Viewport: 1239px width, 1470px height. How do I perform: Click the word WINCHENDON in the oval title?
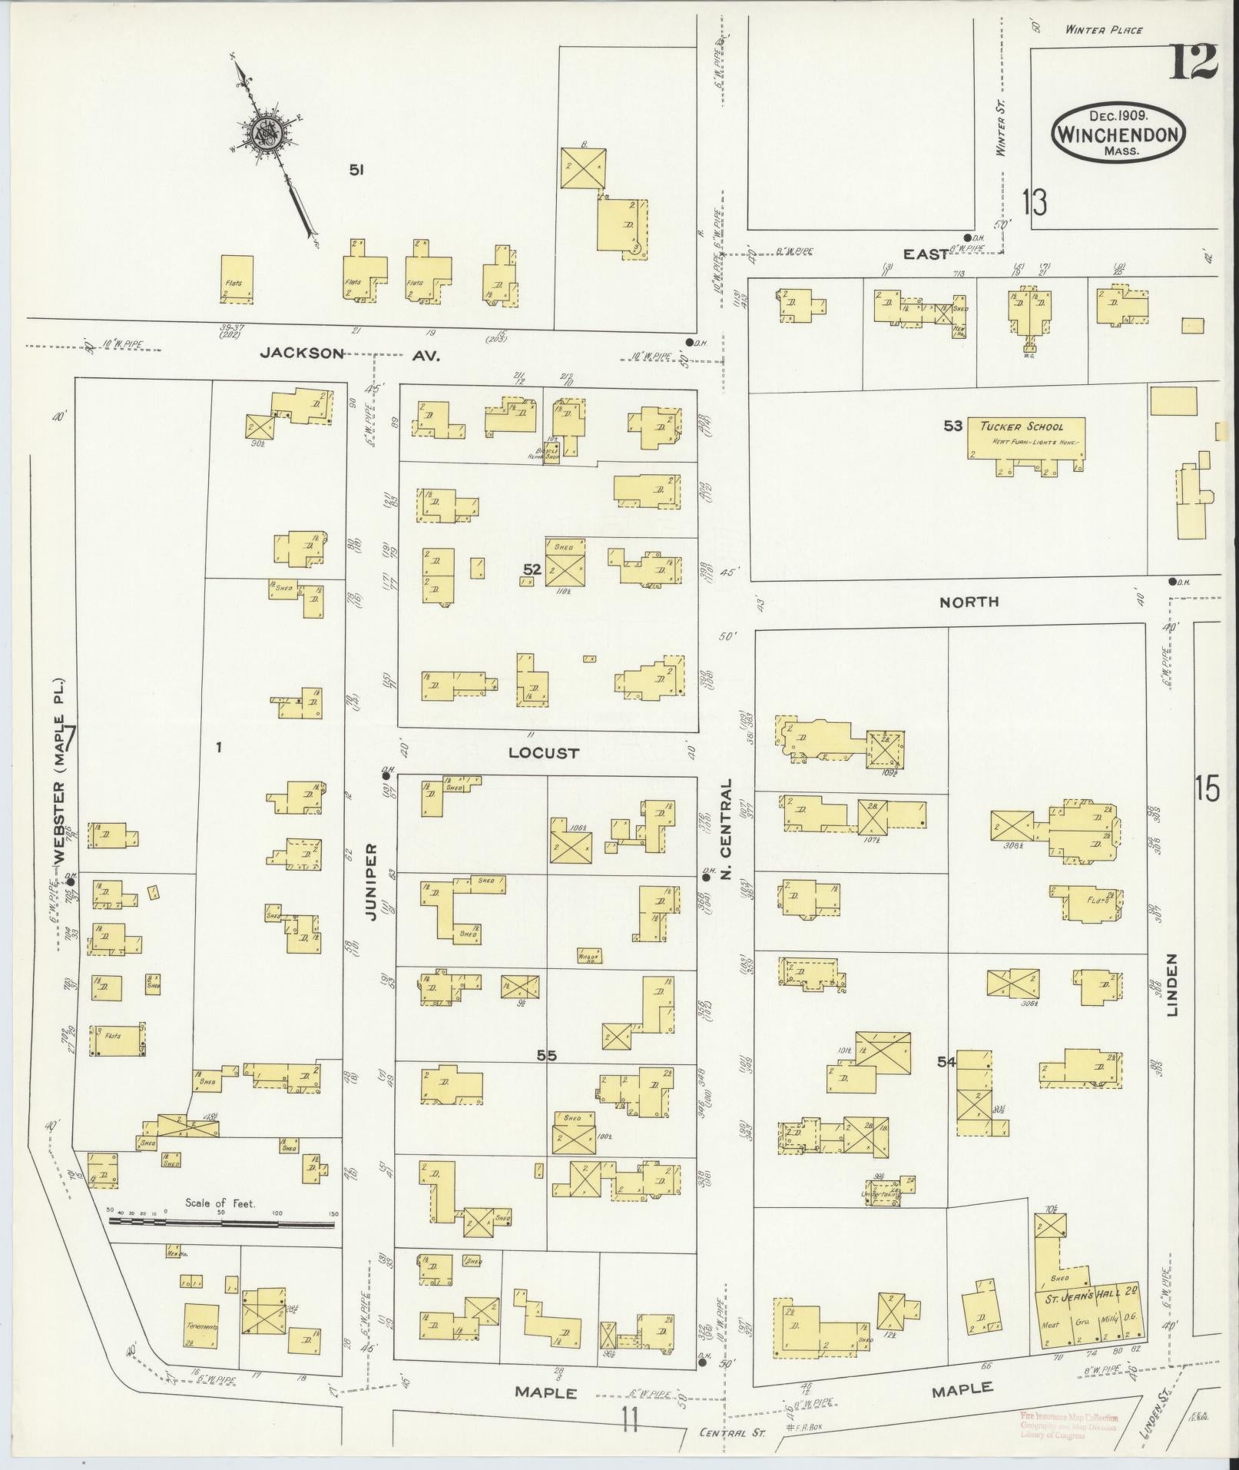(1118, 134)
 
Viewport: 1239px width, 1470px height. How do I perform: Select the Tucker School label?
(1026, 426)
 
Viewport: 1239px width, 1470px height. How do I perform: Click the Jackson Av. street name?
(350, 354)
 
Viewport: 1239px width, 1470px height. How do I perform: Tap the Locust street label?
(543, 753)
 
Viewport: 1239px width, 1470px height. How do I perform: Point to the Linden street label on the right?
(1172, 985)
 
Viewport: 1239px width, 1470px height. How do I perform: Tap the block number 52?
(532, 569)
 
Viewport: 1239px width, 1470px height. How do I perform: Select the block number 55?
(546, 1057)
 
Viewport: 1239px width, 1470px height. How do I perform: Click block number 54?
(946, 1062)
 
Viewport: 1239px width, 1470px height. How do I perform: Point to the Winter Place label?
(1103, 30)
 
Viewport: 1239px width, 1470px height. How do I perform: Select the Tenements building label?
(202, 1326)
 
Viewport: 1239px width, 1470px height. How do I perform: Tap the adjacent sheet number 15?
(1207, 789)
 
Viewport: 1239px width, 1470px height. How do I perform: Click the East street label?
(925, 254)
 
